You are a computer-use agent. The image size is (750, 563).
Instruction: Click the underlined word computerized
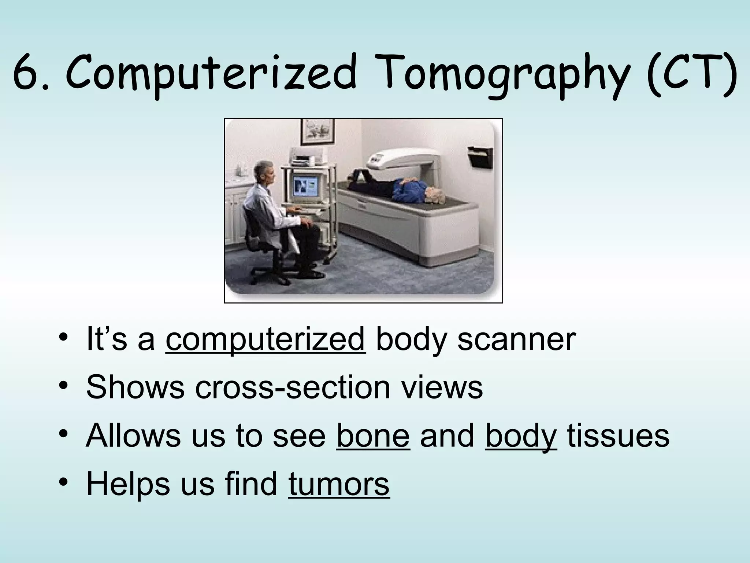click(x=265, y=339)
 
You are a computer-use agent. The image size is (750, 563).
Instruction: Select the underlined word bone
click(x=372, y=435)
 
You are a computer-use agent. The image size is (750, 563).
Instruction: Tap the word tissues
click(x=618, y=435)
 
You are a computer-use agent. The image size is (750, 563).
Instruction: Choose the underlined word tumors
click(x=339, y=484)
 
